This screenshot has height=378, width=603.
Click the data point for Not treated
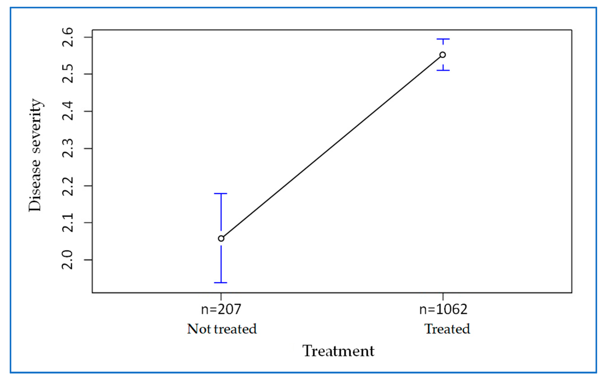(221, 239)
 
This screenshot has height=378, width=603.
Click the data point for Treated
(443, 55)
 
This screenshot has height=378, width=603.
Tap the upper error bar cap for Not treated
(221, 193)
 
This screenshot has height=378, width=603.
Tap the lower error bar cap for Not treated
(221, 283)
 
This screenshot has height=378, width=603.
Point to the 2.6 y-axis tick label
(68, 37)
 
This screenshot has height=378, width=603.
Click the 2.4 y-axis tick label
(68, 111)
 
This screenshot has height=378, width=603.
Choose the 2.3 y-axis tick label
(68, 148)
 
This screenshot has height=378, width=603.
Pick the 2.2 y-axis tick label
(68, 186)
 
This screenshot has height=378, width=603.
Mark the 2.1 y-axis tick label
(68, 223)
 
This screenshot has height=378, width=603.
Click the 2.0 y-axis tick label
(68, 260)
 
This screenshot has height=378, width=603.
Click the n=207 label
(221, 309)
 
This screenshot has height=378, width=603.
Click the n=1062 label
(443, 309)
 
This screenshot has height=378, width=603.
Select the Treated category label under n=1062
(447, 329)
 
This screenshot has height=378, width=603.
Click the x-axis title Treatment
(338, 351)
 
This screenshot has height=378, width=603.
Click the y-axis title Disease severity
(35, 155)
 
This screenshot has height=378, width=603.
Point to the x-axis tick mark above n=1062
(443, 296)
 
